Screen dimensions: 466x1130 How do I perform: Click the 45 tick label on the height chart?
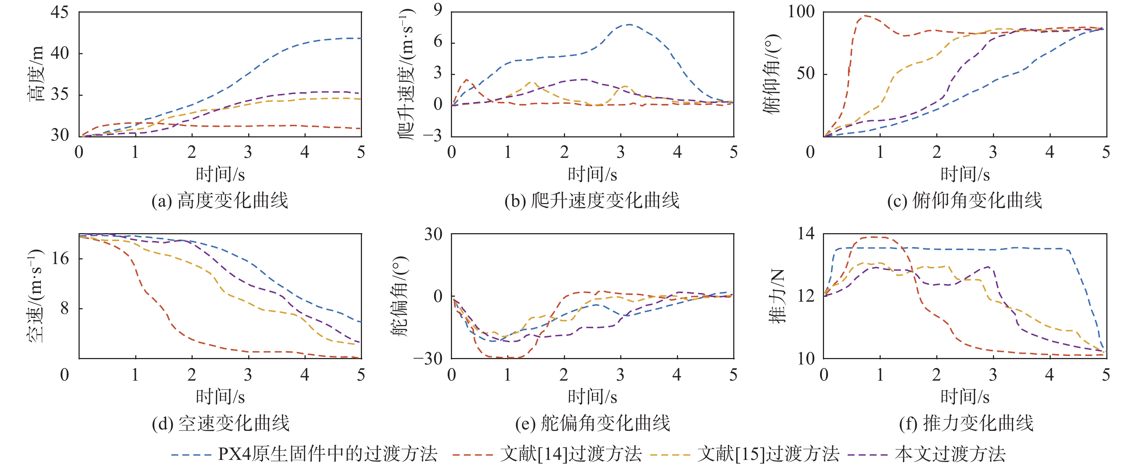(59, 12)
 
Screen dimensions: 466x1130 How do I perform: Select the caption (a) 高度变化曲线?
(220, 201)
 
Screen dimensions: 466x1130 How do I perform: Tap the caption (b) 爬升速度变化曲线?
(592, 201)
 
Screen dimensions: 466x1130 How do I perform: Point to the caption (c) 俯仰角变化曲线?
(964, 201)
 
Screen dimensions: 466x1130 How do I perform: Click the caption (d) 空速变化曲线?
(220, 423)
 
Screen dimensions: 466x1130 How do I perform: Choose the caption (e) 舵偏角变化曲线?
(592, 423)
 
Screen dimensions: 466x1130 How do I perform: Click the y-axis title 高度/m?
(37, 73)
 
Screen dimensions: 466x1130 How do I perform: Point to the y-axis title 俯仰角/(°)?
(772, 73)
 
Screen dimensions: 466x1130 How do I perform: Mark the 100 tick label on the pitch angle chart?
(801, 12)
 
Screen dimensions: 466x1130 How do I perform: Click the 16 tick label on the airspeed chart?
(60, 259)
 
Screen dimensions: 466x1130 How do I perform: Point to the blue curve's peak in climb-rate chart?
(629, 24)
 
